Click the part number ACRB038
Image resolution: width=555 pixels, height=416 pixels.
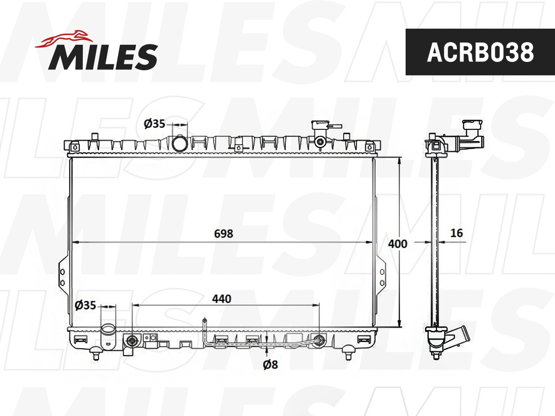[x=480, y=52]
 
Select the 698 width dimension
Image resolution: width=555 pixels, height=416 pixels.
[x=223, y=234]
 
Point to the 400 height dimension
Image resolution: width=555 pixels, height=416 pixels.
[x=398, y=244]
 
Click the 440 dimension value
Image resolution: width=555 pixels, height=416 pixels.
[x=222, y=299]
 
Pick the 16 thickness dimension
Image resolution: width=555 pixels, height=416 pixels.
[x=456, y=233]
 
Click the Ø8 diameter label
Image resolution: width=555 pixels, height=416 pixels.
[x=270, y=365]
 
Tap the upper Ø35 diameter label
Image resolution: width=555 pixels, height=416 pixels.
[x=154, y=124]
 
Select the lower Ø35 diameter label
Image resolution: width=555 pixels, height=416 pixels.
[x=85, y=305]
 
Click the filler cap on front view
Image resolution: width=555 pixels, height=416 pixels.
[x=320, y=126]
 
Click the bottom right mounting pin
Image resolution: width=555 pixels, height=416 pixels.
[x=349, y=355]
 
